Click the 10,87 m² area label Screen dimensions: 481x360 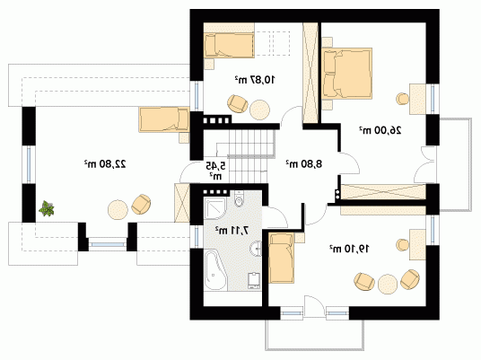255,80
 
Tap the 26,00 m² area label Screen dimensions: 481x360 380,130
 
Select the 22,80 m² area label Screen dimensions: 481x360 105,164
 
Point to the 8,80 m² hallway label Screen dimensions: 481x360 304,164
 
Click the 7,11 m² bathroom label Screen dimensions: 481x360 232,230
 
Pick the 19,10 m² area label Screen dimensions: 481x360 349,249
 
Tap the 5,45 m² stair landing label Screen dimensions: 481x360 215,171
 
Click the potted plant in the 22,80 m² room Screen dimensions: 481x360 47,208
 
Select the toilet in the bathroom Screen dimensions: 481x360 239,198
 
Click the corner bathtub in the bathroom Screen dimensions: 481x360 215,271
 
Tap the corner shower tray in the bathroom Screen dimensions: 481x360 215,208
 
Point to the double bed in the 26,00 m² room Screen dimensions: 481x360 347,74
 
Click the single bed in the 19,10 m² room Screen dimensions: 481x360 282,258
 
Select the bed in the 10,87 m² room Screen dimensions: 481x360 229,46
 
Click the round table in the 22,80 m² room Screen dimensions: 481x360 118,210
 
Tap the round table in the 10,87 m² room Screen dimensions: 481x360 260,110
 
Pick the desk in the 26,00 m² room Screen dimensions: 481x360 417,100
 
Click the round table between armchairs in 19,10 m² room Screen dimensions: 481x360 388,285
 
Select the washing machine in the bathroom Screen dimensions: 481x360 254,280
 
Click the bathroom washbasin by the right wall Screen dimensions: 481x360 256,249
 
